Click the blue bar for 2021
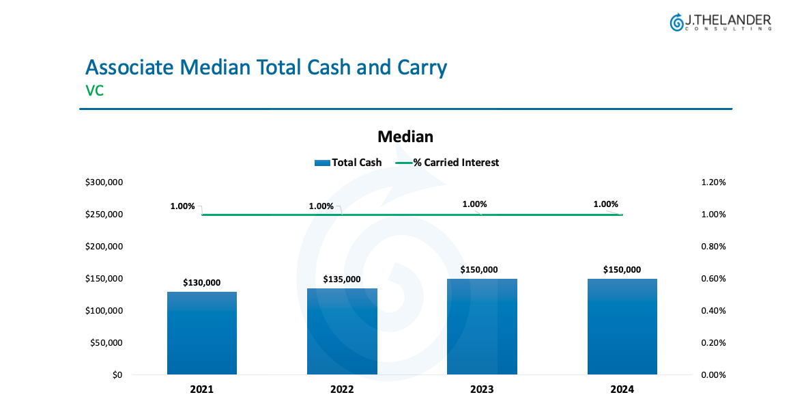pyautogui.click(x=202, y=333)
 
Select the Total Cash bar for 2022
pyautogui.click(x=342, y=331)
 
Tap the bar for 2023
pyautogui.click(x=482, y=327)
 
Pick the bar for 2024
pyautogui.click(x=622, y=327)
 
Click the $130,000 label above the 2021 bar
pyautogui.click(x=202, y=282)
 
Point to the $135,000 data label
pyautogui.click(x=342, y=279)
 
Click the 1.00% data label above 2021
pyautogui.click(x=182, y=206)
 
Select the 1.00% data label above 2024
pyautogui.click(x=605, y=204)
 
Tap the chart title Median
pyautogui.click(x=405, y=137)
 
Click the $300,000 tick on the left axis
pyautogui.click(x=104, y=182)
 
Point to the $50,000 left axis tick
pyautogui.click(x=106, y=343)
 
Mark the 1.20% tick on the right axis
pyautogui.click(x=713, y=182)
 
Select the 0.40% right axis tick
pyautogui.click(x=713, y=311)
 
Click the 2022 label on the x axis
pyautogui.click(x=342, y=389)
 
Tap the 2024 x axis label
pyautogui.click(x=622, y=389)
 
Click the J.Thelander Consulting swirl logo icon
pyautogui.click(x=676, y=23)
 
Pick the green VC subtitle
pyautogui.click(x=95, y=90)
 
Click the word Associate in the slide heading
pyautogui.click(x=130, y=68)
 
